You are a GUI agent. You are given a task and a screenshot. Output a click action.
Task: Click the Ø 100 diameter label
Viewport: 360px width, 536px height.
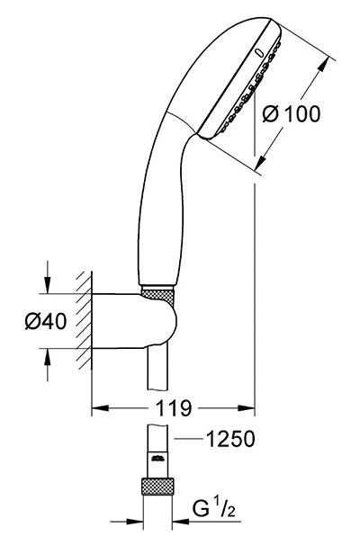(x=292, y=113)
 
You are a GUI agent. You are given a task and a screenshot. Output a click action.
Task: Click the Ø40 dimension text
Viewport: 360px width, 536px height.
(x=46, y=321)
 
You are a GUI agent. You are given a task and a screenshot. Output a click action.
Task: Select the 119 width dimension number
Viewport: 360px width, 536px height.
(x=174, y=407)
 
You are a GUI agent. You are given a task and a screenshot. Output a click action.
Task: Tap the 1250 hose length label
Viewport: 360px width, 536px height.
(x=230, y=439)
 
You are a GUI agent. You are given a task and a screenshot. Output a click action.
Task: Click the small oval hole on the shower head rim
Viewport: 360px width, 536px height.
(x=259, y=52)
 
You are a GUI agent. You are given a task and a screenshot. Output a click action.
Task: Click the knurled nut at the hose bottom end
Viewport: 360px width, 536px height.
(x=157, y=487)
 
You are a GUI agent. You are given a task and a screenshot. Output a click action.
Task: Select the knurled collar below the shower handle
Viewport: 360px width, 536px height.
(x=158, y=294)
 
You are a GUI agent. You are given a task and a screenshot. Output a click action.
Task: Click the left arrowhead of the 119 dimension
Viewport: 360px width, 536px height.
(x=100, y=407)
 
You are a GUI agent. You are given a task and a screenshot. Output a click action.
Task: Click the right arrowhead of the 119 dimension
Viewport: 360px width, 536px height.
(x=247, y=407)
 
